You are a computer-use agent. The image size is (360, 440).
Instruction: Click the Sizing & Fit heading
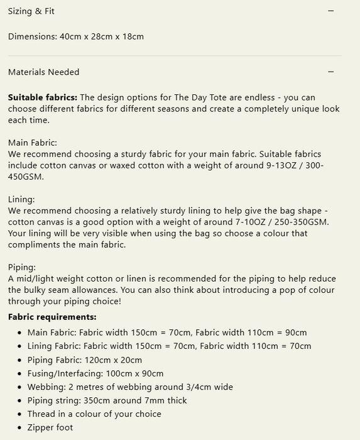[31, 11]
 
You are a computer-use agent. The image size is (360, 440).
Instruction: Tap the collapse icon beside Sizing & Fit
[331, 11]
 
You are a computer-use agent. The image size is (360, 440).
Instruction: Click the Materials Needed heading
[44, 72]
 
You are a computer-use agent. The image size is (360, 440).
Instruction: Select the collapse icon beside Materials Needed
[331, 72]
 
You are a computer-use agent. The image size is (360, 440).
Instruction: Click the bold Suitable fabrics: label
[43, 97]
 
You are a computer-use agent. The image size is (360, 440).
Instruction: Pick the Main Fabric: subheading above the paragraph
[33, 143]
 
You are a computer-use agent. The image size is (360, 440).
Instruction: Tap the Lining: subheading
[21, 199]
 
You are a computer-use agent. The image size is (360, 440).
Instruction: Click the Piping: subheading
[22, 267]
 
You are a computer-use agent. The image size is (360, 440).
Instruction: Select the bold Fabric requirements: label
[52, 317]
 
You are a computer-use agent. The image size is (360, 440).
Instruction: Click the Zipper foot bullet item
[50, 427]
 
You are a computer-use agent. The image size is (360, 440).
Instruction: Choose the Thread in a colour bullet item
[94, 414]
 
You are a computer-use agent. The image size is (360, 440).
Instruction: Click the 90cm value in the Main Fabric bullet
[295, 333]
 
